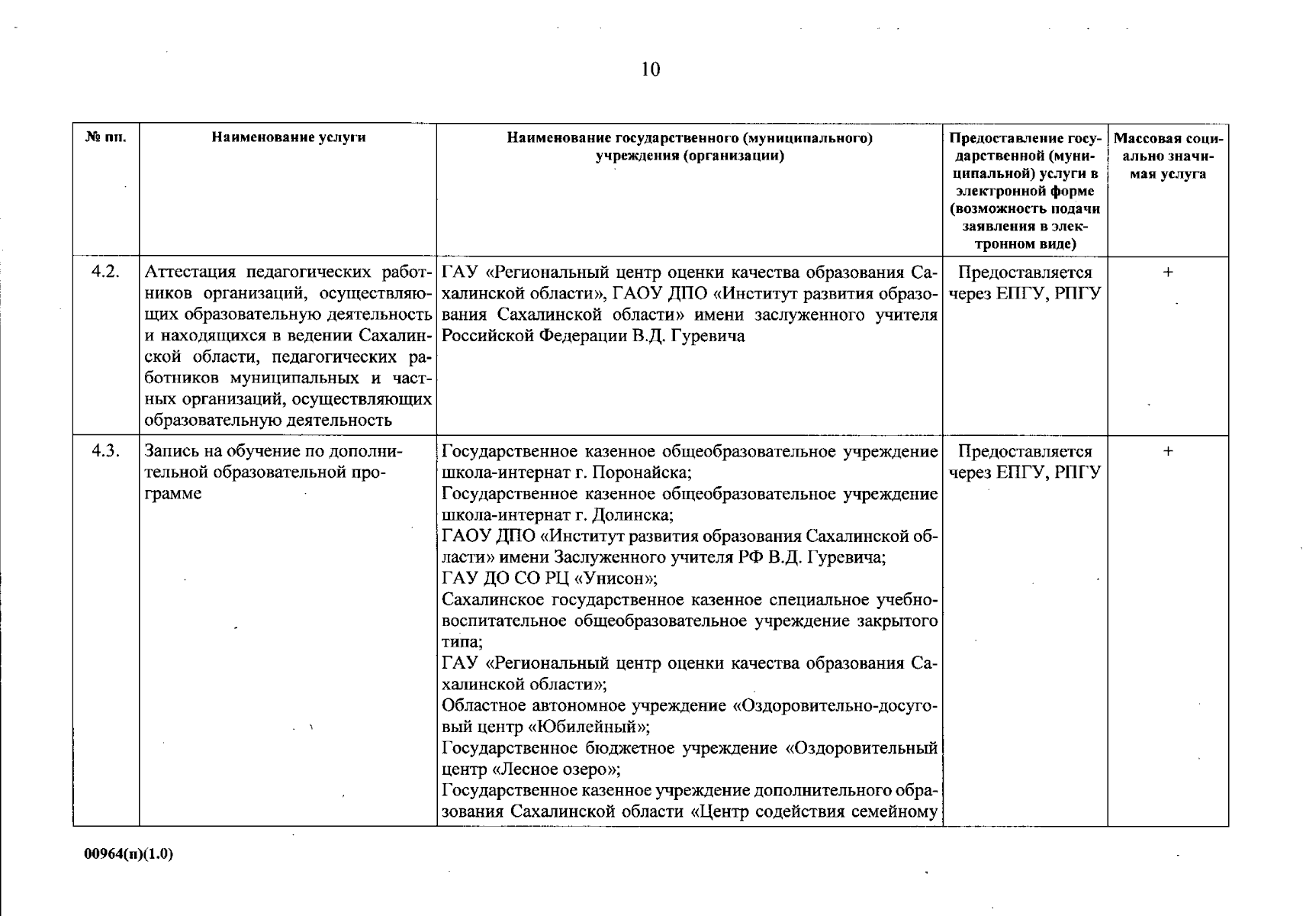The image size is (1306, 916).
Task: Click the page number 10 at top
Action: coord(650,70)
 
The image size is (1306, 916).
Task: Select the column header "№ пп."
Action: coord(105,138)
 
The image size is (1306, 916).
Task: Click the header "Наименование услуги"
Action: coord(288,138)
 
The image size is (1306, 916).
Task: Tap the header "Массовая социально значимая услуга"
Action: coord(1168,156)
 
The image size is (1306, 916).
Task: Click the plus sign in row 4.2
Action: coord(1168,273)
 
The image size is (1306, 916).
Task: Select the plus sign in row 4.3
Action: coord(1168,451)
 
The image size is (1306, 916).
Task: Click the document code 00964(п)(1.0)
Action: coord(129,854)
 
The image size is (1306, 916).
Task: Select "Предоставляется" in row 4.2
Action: coord(1025,273)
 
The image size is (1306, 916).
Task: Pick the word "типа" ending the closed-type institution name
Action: coord(461,642)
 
